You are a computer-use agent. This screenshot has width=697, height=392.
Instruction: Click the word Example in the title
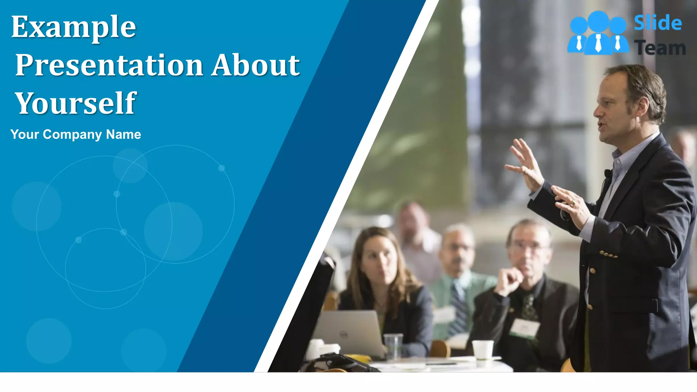[74, 27]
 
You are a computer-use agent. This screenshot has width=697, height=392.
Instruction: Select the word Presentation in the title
[109, 65]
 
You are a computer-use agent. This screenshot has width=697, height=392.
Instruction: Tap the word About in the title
[256, 65]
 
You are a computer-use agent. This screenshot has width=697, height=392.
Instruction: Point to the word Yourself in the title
[76, 103]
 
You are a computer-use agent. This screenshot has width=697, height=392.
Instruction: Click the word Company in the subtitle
[72, 134]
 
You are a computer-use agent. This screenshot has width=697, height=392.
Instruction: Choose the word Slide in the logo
[658, 23]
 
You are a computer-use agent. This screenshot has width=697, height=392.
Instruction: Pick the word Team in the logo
[660, 48]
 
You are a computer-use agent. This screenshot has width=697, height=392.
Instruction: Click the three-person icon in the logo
[598, 33]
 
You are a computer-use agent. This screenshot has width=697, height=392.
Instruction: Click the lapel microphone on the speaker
[607, 174]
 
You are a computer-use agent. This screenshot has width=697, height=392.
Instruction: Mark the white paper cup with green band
[483, 350]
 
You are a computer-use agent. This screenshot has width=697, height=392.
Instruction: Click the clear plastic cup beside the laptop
[393, 345]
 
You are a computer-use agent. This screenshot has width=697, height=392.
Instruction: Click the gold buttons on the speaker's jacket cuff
[609, 254]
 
